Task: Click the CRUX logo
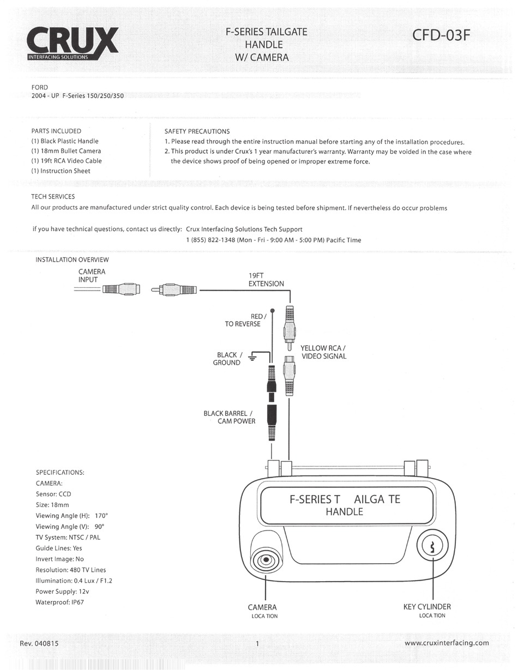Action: pyautogui.click(x=72, y=43)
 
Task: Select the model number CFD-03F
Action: pyautogui.click(x=441, y=35)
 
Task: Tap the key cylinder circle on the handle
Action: pyautogui.click(x=432, y=546)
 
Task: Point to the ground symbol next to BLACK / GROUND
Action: pyautogui.click(x=252, y=358)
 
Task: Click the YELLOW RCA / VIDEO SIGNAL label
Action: pyautogui.click(x=323, y=352)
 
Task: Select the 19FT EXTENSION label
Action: pyautogui.click(x=266, y=280)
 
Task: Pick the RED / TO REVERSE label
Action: pyautogui.click(x=243, y=320)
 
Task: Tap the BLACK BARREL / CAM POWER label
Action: pyautogui.click(x=229, y=417)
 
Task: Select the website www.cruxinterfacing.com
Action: pyautogui.click(x=447, y=643)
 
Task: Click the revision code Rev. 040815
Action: pyautogui.click(x=39, y=643)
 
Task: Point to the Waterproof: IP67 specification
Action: pyautogui.click(x=60, y=602)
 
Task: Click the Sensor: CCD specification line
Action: pyautogui.click(x=53, y=494)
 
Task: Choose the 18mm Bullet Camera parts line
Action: pyautogui.click(x=66, y=151)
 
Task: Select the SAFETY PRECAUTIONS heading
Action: pyautogui.click(x=197, y=131)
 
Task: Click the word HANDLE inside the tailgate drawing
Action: pyautogui.click(x=344, y=512)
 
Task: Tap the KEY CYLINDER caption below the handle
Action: pyautogui.click(x=427, y=607)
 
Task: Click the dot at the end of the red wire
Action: pyautogui.click(x=273, y=310)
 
